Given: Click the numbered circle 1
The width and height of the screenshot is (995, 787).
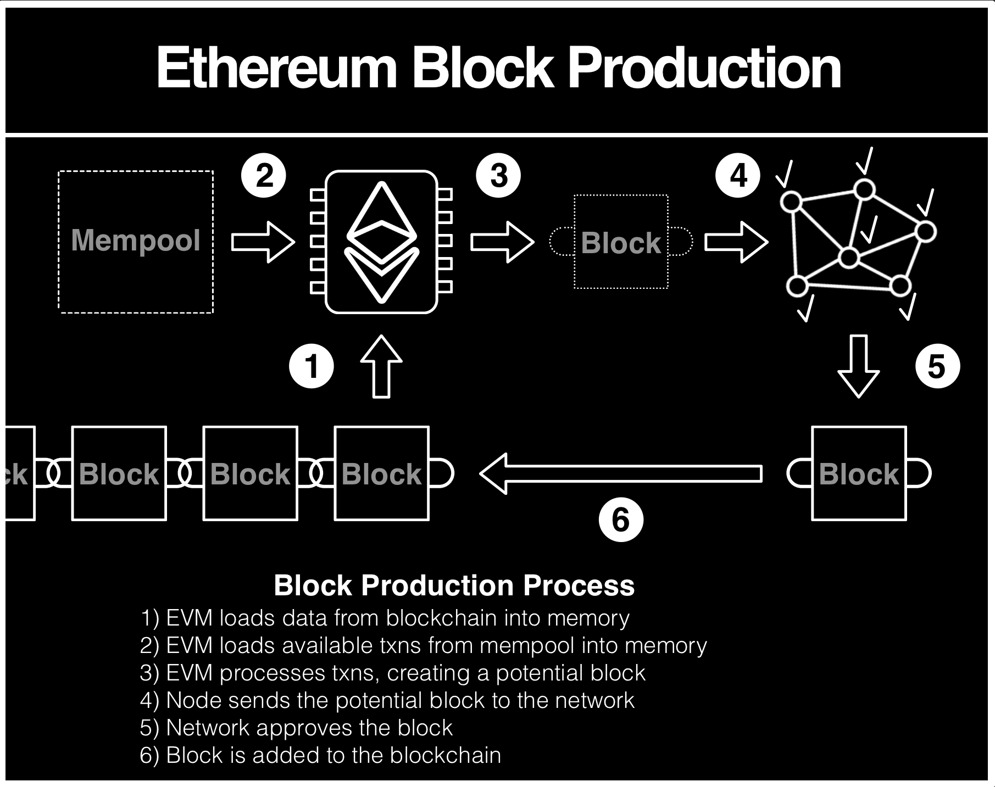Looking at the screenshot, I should [x=312, y=366].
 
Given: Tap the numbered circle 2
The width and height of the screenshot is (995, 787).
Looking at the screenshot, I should [x=264, y=176].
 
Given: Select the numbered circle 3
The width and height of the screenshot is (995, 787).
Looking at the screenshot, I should [x=498, y=176].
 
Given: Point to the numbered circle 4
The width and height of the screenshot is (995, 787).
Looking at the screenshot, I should [x=738, y=176].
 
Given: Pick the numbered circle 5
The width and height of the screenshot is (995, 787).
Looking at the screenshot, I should [x=937, y=366].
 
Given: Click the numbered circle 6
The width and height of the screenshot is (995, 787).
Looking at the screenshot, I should [x=621, y=520].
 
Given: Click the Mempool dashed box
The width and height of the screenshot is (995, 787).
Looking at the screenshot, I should [x=136, y=242].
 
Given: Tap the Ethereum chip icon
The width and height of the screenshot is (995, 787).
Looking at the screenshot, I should [x=381, y=242].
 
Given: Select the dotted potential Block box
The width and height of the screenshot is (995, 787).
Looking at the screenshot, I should [x=621, y=242].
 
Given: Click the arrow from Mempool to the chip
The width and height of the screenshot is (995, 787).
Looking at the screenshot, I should [x=263, y=242].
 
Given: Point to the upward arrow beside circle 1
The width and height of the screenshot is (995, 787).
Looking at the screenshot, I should [x=381, y=366].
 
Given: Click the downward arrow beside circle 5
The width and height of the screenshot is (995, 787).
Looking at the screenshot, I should [x=858, y=366].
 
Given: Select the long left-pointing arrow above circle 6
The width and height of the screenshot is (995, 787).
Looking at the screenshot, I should [x=621, y=473].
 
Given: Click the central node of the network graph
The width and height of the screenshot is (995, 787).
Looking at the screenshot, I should [x=849, y=258].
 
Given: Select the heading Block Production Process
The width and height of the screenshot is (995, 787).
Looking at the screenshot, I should [x=454, y=585].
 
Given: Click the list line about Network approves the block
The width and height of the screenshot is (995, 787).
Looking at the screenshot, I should [x=296, y=728].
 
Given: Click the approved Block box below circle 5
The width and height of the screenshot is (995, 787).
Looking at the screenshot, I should [x=859, y=473].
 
